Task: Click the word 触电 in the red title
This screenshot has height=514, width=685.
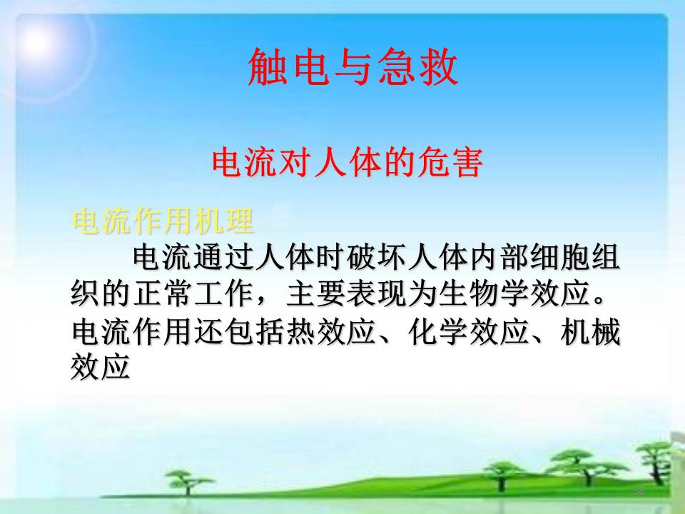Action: coord(289,67)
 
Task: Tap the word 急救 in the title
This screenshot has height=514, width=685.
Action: coord(417,67)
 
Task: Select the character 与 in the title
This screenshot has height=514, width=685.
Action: coord(353,67)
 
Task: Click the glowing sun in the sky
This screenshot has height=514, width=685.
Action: coord(39,42)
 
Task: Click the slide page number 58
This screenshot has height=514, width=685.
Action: coord(639,490)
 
